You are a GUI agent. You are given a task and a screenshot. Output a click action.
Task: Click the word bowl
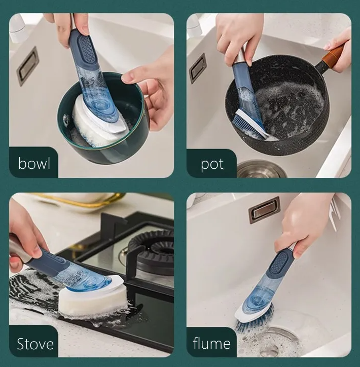coord(34,163)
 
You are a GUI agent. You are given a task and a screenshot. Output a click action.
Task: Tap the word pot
coord(212,165)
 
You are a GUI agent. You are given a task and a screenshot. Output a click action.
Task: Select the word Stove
coord(35,344)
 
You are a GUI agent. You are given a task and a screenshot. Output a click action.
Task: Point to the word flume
coord(211,343)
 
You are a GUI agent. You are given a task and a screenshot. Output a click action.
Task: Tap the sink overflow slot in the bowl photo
coord(27,65)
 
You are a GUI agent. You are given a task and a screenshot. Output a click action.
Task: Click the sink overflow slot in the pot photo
coord(198,68)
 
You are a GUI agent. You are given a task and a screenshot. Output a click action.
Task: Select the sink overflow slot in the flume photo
coord(265,210)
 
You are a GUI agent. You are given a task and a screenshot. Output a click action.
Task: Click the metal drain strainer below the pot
coord(262,169)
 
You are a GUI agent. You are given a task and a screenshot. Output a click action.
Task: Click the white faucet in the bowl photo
coord(17,27)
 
